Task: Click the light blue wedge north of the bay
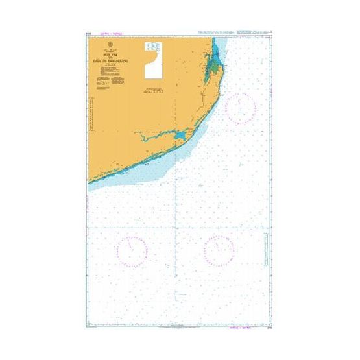217,42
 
